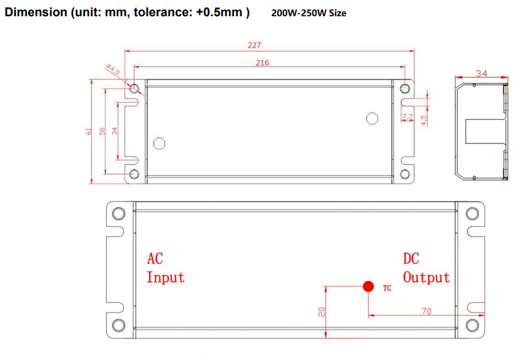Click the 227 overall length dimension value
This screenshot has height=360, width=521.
(254, 45)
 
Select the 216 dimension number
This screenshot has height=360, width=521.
(262, 63)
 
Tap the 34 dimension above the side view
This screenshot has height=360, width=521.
(481, 74)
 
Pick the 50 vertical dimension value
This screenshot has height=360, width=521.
(101, 131)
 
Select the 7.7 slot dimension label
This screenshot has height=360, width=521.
(408, 117)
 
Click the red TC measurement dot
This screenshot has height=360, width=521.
(368, 286)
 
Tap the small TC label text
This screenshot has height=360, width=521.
(387, 289)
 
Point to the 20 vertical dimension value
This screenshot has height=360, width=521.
(322, 313)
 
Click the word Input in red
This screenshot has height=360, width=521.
(165, 278)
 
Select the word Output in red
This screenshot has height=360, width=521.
(426, 278)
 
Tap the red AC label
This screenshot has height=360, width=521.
(155, 258)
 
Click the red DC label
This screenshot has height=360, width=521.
(411, 258)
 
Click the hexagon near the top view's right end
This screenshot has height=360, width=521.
(372, 118)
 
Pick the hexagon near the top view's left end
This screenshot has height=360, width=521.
(159, 143)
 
